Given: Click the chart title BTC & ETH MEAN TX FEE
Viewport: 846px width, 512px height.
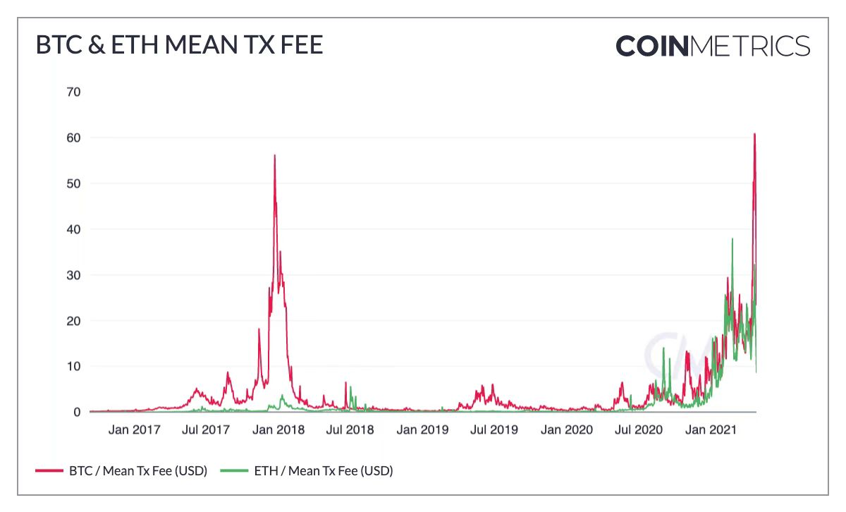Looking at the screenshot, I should (179, 46).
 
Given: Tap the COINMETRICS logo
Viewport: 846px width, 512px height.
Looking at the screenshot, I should (713, 46).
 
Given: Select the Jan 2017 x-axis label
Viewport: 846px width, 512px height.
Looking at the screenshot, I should (134, 429).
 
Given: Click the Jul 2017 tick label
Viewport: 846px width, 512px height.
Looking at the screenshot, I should (207, 429).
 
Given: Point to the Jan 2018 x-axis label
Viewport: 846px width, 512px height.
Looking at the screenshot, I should (278, 429).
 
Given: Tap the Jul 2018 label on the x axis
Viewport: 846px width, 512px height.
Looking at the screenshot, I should (350, 429).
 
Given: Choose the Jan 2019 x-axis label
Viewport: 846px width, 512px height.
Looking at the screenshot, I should (422, 429).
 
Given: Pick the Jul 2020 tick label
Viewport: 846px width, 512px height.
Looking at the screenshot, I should (639, 429).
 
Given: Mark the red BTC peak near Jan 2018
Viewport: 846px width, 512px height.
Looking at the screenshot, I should (274, 156).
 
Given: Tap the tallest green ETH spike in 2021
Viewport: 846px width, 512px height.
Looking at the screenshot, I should (732, 240).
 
